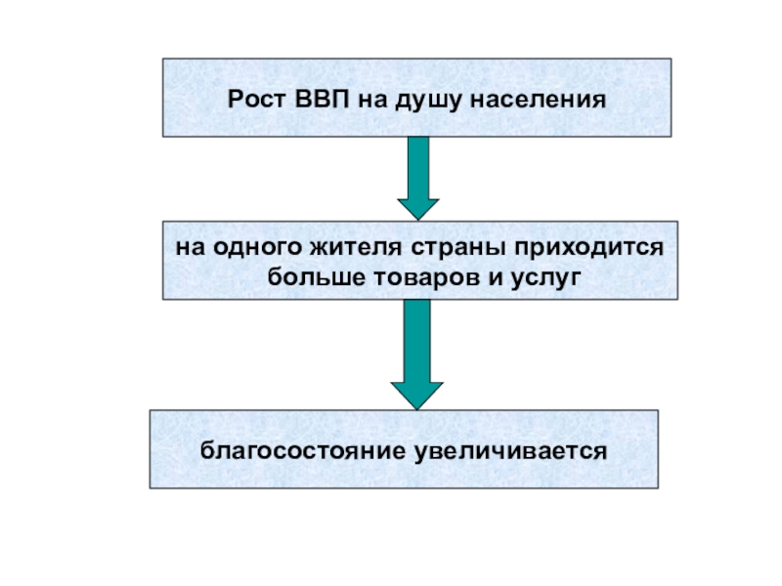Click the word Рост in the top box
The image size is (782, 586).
[256, 100]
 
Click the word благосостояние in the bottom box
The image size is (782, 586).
[298, 452]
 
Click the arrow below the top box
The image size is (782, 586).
[417, 176]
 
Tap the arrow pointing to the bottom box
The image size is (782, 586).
[417, 352]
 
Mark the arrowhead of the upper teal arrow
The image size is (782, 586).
[417, 207]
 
